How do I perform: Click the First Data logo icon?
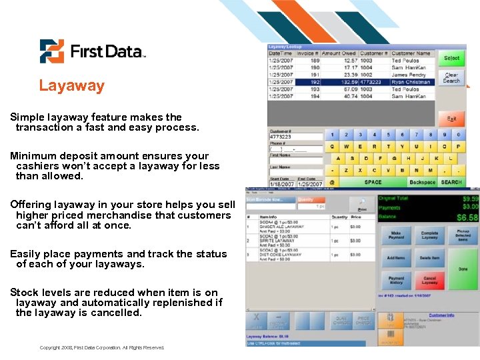[x=51, y=51]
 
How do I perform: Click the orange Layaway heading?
[x=71, y=85]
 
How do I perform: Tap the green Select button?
[x=451, y=59]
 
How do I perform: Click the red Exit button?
[x=451, y=119]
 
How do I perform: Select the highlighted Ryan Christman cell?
[x=411, y=82]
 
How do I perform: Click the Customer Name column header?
[x=411, y=53]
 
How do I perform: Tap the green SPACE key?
[x=373, y=182]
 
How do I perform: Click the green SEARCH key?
[x=451, y=182]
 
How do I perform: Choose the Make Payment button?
[x=396, y=235]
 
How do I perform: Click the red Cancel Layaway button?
[x=430, y=280]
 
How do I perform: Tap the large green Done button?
[x=463, y=269]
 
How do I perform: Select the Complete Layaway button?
[x=430, y=235]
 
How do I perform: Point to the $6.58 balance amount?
[x=466, y=218]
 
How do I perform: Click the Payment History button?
[x=396, y=280]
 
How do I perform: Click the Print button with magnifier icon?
[x=363, y=205]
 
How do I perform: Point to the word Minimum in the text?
[x=31, y=156]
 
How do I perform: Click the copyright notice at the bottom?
[x=102, y=347]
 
